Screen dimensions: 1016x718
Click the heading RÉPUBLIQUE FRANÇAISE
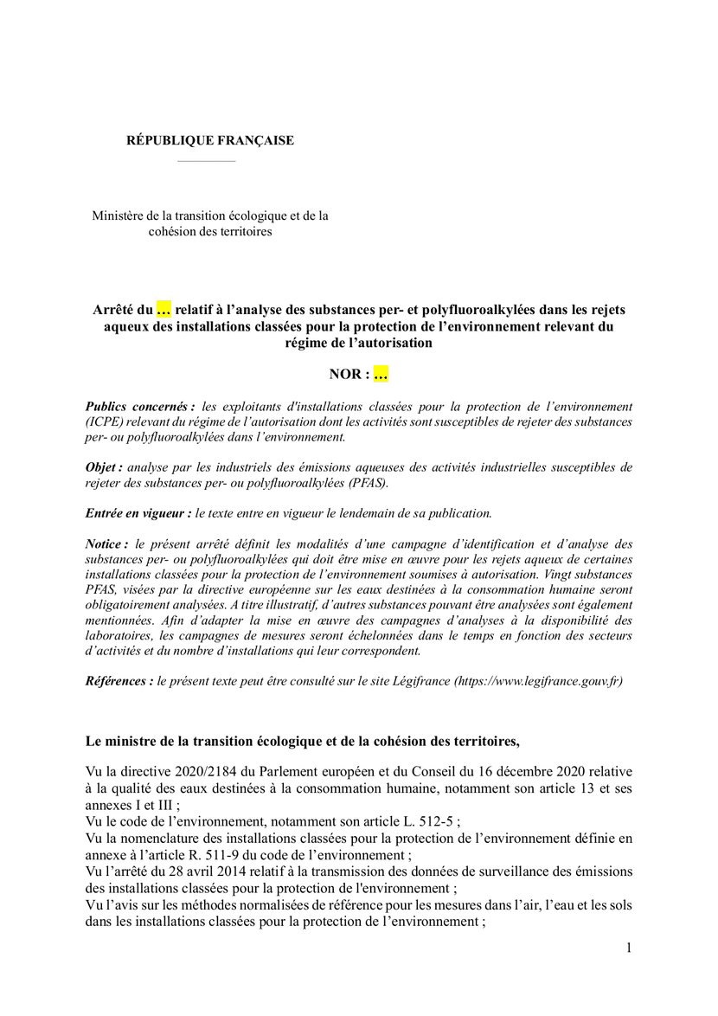[210, 140]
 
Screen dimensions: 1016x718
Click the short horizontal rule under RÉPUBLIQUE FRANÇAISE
[206, 161]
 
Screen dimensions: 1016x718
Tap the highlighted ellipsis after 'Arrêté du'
[163, 309]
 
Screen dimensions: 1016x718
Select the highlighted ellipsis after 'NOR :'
[381, 374]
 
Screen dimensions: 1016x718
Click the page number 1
[629, 948]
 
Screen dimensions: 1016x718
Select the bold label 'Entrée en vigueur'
[138, 513]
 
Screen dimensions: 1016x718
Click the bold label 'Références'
[119, 681]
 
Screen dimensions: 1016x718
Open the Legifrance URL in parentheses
[537, 681]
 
